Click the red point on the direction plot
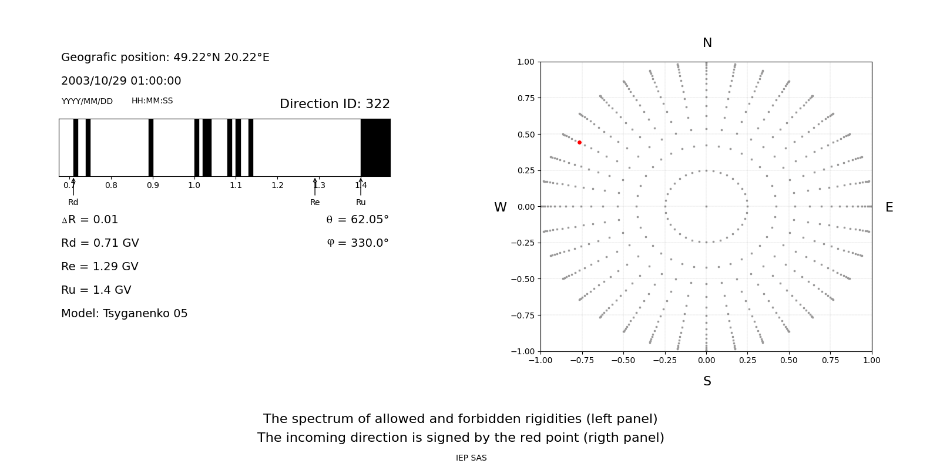[579, 142]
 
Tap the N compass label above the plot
[707, 43]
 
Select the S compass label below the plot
[707, 381]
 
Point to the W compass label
[500, 207]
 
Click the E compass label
[889, 207]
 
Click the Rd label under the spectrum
[73, 202]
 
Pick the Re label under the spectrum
[315, 202]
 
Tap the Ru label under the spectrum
[361, 202]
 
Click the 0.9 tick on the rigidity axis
[153, 185]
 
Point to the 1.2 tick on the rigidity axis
[277, 185]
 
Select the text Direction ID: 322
[334, 104]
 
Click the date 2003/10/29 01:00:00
[121, 81]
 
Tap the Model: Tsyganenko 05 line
[125, 314]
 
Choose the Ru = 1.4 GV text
[96, 290]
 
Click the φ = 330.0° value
[358, 243]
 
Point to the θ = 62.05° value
[357, 220]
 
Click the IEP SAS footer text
[471, 458]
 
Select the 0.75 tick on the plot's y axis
[526, 98]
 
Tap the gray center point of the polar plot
[706, 206]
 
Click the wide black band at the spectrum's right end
[375, 147]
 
